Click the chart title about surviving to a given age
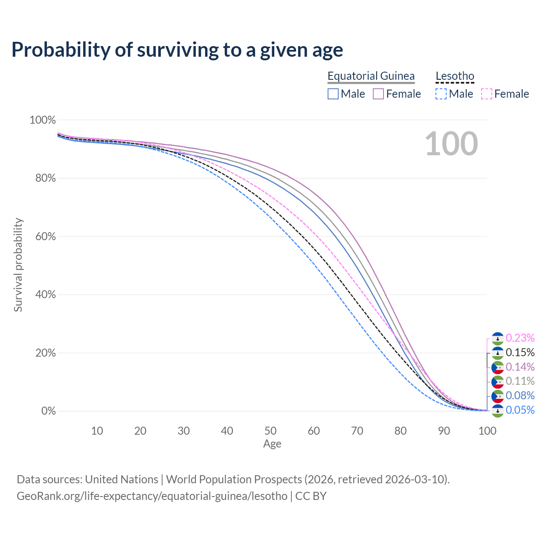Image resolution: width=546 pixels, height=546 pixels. click(177, 50)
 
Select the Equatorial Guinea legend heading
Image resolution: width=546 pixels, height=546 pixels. click(371, 76)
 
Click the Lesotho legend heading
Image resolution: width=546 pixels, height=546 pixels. click(455, 76)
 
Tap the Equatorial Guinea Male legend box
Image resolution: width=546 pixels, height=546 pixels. click(333, 94)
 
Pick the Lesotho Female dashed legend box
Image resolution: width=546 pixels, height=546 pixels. click(487, 94)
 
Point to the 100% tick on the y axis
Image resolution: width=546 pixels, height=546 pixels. click(43, 120)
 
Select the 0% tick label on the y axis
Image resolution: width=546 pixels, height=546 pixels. click(49, 411)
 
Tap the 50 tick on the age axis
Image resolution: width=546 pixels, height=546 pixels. click(270, 431)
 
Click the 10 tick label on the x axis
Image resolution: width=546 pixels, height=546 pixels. click(97, 431)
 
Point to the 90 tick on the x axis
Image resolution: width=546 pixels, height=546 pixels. click(444, 431)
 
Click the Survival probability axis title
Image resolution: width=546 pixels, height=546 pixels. click(18, 265)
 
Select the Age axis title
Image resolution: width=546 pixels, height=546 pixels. click(272, 444)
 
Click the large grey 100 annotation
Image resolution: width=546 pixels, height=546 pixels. click(451, 144)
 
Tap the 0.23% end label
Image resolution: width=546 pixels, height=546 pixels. click(520, 338)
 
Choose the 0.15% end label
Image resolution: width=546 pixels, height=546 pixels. click(520, 353)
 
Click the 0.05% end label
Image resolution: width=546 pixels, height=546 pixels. click(520, 410)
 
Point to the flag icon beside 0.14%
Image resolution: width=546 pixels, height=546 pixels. click(498, 367)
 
